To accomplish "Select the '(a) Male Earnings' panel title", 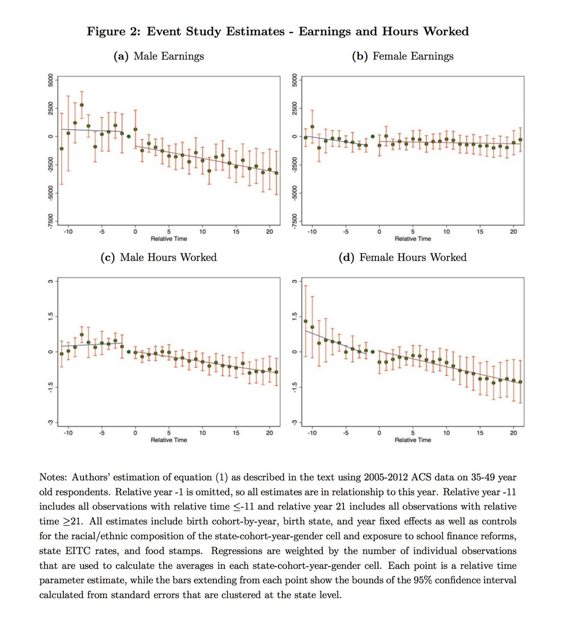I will (x=158, y=56).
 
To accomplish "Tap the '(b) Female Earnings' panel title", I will (x=402, y=56).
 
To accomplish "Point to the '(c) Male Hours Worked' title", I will (x=158, y=257).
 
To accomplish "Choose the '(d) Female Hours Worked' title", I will (x=402, y=257).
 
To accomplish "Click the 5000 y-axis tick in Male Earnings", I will (x=50, y=80).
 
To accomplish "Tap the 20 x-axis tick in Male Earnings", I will (x=270, y=232).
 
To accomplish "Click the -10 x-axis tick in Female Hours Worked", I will (x=312, y=433).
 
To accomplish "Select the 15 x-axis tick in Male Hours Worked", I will (x=236, y=433).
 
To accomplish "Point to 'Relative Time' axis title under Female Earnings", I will (x=413, y=239).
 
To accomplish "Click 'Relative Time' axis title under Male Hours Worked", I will (x=169, y=440).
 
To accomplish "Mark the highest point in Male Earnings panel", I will (x=82, y=105).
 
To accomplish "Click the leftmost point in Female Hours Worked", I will (x=306, y=321).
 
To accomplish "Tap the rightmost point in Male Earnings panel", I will (x=276, y=173).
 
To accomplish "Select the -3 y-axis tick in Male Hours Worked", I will (x=50, y=422).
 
